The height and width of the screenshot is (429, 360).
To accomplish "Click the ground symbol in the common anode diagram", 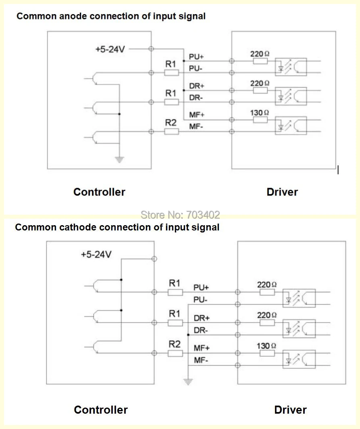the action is point(119,159).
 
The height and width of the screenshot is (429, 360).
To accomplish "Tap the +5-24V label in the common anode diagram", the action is point(110,49).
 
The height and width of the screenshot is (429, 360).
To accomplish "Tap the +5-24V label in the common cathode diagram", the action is point(96,254).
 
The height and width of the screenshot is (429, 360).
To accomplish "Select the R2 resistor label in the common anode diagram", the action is point(171,123).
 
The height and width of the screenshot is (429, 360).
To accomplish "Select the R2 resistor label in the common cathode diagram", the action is point(175,344).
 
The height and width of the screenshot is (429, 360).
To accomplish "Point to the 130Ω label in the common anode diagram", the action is point(259,113).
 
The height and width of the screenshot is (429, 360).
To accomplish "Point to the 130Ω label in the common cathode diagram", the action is point(266,346).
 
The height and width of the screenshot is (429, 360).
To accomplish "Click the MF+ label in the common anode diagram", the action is point(197,115).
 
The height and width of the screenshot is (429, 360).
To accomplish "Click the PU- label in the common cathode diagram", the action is point(200,299).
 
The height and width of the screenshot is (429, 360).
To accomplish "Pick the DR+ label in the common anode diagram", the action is point(197,86).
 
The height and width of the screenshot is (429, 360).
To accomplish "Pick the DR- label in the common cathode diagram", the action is point(201,330).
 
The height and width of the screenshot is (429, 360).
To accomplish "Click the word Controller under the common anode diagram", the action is point(99,192).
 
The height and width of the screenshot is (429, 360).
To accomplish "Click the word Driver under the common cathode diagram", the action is point(290,410).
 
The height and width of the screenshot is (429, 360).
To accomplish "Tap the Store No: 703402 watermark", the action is point(180,215).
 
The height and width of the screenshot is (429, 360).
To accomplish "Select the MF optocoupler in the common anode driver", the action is point(291,126).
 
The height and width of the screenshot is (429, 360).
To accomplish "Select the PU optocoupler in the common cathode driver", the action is point(299,298).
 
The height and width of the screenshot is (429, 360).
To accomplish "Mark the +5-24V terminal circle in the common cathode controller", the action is point(154,259).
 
